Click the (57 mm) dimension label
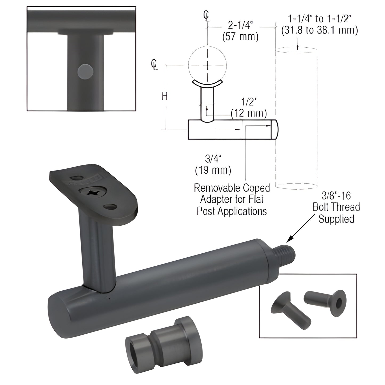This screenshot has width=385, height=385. pyautogui.click(x=240, y=37)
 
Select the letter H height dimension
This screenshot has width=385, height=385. pyautogui.click(x=165, y=96)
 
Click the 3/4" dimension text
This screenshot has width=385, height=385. pyautogui.click(x=213, y=159)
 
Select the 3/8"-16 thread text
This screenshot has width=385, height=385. pyautogui.click(x=336, y=196)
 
